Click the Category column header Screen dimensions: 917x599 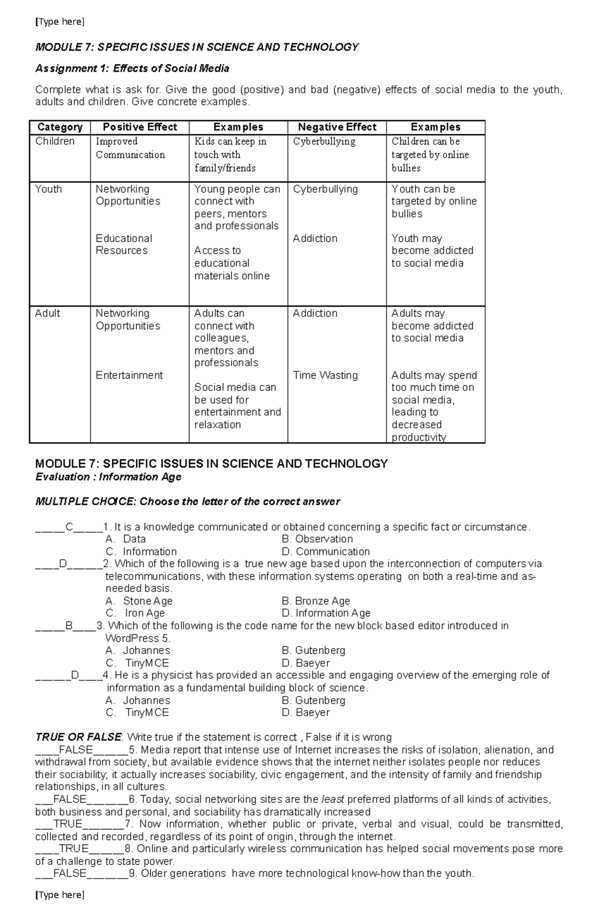60,127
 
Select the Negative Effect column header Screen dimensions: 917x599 337,127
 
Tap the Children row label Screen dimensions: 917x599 55,141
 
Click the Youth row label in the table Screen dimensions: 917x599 48,189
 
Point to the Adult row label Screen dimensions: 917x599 47,313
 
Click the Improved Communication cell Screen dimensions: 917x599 130,148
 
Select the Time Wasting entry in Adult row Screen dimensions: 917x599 325,375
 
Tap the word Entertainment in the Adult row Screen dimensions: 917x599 129,375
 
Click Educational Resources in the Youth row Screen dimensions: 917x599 124,244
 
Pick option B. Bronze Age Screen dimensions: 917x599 316,601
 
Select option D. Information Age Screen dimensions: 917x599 326,613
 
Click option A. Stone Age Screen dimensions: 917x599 139,601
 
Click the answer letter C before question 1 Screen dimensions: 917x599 69,527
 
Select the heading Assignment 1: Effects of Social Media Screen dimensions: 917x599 132,68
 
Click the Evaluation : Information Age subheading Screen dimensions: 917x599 108,477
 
